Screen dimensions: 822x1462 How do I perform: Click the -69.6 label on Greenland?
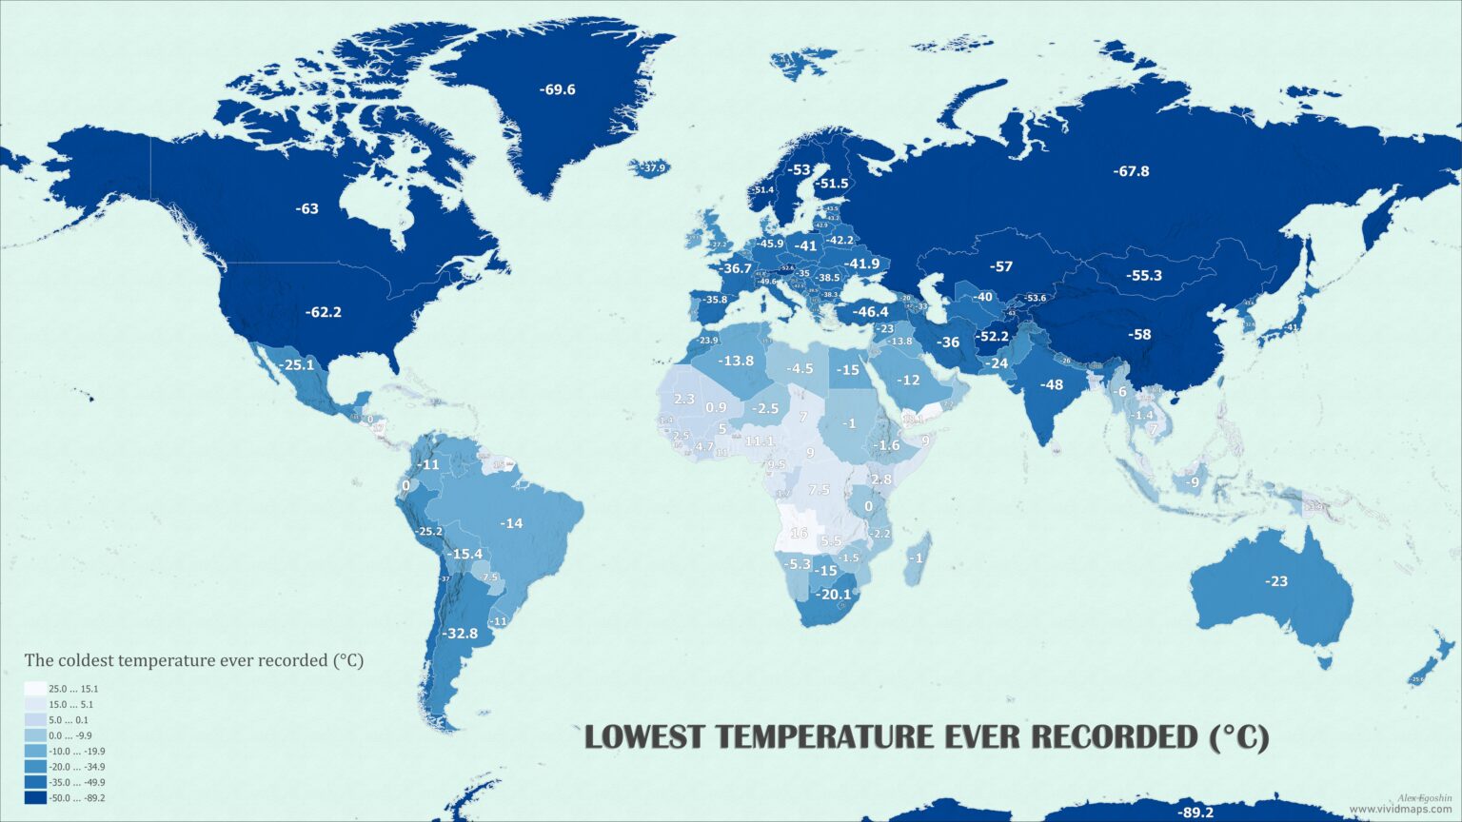[557, 89]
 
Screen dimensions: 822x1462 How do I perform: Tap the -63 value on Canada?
[306, 208]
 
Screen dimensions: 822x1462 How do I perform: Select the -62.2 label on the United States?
[323, 312]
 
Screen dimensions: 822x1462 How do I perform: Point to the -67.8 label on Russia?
[1131, 171]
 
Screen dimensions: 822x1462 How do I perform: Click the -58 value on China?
[1139, 334]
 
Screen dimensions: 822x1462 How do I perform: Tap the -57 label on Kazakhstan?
[1000, 266]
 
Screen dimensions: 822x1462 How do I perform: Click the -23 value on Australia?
[1275, 581]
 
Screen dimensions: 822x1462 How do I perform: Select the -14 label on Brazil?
[512, 523]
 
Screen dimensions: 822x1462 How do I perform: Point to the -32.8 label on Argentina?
[461, 633]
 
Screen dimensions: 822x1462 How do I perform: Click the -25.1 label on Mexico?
[296, 364]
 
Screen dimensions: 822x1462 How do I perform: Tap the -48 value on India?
[1052, 385]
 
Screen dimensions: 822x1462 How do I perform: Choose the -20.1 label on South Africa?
[835, 595]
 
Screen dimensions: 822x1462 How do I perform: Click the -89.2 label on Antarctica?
[1195, 812]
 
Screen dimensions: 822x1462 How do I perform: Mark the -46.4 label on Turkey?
[870, 312]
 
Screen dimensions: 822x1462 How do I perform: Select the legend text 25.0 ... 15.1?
[73, 689]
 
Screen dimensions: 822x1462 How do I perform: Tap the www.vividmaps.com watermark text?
[1400, 810]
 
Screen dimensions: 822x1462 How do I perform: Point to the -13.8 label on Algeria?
[736, 361]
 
